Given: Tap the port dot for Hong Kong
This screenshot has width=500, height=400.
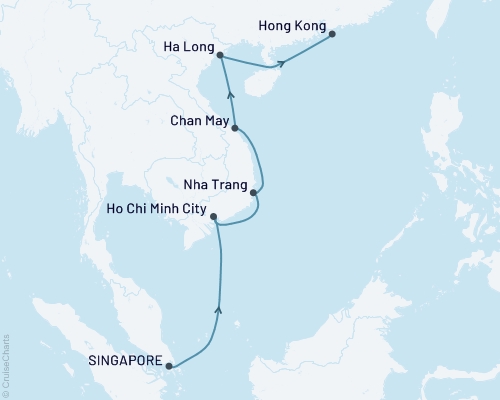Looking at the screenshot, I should click(333, 34).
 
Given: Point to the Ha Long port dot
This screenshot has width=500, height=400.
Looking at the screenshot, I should click(220, 57).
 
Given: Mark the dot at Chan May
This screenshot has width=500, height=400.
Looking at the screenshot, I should click(235, 128).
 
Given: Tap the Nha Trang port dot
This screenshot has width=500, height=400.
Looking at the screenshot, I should click(255, 192).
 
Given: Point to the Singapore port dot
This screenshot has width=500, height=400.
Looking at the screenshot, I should click(170, 366).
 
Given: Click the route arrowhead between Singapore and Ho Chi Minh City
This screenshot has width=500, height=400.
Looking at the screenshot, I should click(219, 312).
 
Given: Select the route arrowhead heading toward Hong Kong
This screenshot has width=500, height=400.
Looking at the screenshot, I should click(282, 64).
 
